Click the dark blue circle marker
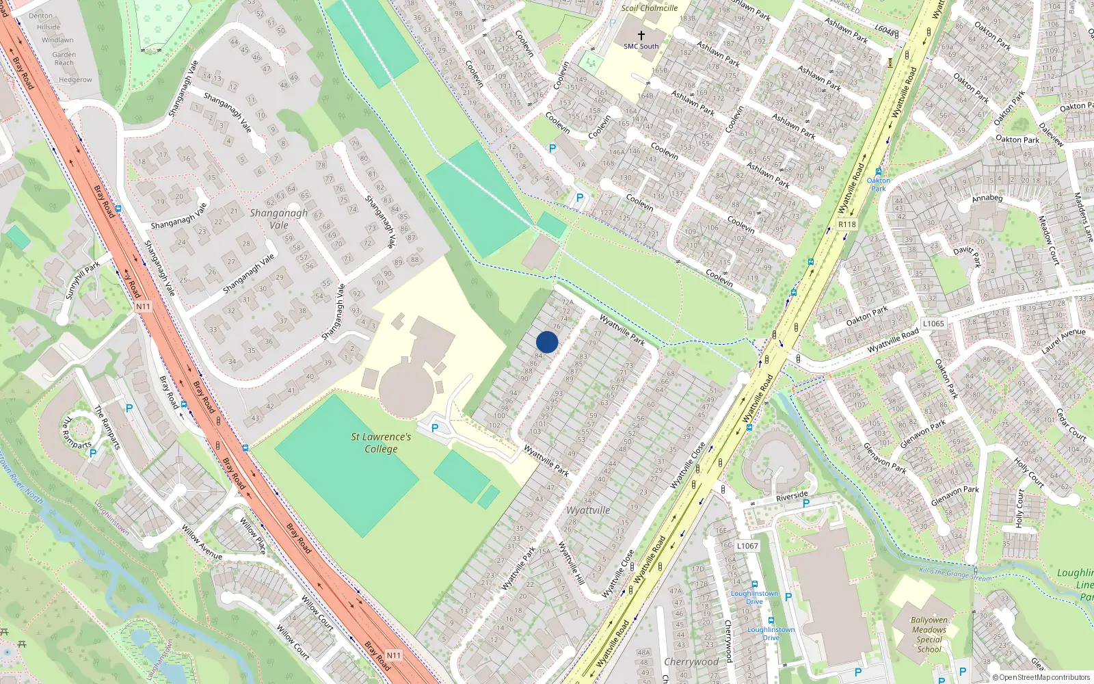(x=547, y=342)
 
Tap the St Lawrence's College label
(x=381, y=443)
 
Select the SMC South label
(x=641, y=47)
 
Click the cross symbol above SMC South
(x=641, y=35)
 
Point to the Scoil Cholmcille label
(x=649, y=8)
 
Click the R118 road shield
(x=846, y=224)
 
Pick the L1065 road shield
(x=933, y=324)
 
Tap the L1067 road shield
(x=747, y=546)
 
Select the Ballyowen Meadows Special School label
(x=929, y=635)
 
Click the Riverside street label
(x=792, y=497)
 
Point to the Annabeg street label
(x=987, y=199)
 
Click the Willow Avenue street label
(x=202, y=542)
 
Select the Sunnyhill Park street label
(x=83, y=280)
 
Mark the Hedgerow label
(x=75, y=80)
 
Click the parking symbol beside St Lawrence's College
(x=435, y=429)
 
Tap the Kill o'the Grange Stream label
(x=955, y=573)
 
